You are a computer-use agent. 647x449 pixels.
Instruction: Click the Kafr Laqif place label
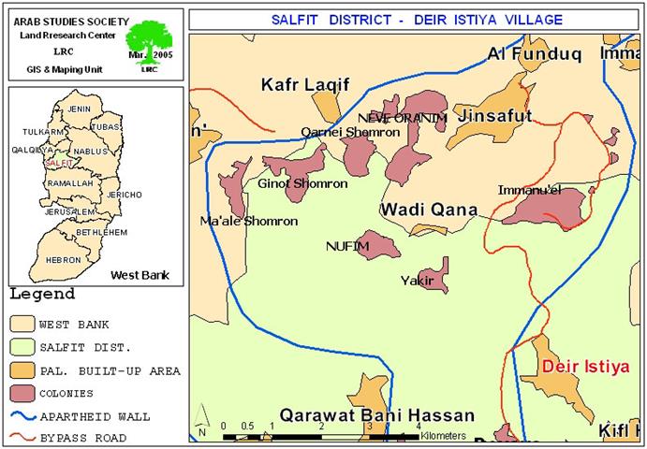(x=304, y=85)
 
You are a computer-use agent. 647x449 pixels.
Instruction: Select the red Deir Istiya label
(x=586, y=367)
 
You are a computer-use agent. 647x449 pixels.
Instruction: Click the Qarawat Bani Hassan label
(x=376, y=414)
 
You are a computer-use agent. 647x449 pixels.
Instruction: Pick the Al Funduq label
(x=535, y=54)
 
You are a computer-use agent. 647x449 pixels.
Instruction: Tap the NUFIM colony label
(x=347, y=246)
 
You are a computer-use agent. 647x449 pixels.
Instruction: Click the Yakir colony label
(x=416, y=280)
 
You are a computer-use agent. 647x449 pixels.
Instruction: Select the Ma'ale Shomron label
(x=249, y=222)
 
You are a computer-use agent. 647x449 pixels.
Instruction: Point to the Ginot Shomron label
(x=302, y=184)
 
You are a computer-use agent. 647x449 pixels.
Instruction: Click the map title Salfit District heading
(x=416, y=19)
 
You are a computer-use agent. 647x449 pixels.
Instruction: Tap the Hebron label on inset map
(x=64, y=259)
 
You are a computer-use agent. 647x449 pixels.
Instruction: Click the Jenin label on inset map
(x=81, y=109)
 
